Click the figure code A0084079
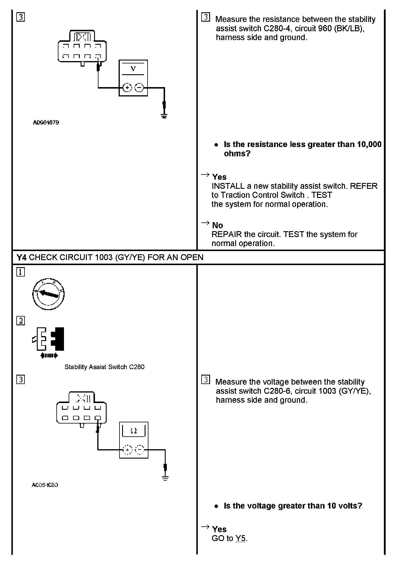[x=46, y=122]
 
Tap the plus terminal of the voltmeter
[x=127, y=87]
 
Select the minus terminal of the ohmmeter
[x=140, y=450]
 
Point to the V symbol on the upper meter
[x=133, y=69]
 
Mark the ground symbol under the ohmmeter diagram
[x=165, y=478]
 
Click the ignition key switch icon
[x=48, y=294]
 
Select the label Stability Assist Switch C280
[x=104, y=367]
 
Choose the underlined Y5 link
[x=240, y=538]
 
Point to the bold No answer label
[x=217, y=225]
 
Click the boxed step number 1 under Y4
[x=20, y=272]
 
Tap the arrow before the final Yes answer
[x=205, y=527]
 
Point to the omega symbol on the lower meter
[x=134, y=431]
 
